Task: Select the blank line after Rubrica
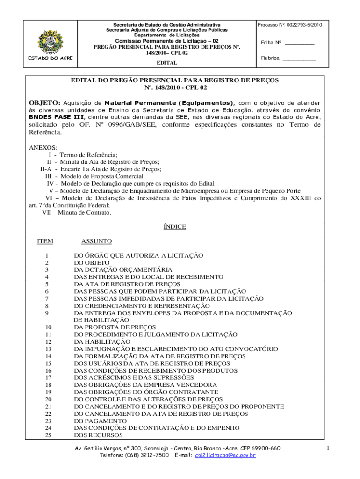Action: click(299, 58)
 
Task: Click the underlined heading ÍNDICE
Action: click(174, 227)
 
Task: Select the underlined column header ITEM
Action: click(45, 241)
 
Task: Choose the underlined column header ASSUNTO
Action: click(96, 241)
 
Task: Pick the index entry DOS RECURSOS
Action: click(98, 435)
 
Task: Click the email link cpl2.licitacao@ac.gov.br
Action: click(225, 455)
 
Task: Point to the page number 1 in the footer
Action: click(328, 449)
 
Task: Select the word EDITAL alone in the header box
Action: click(166, 62)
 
